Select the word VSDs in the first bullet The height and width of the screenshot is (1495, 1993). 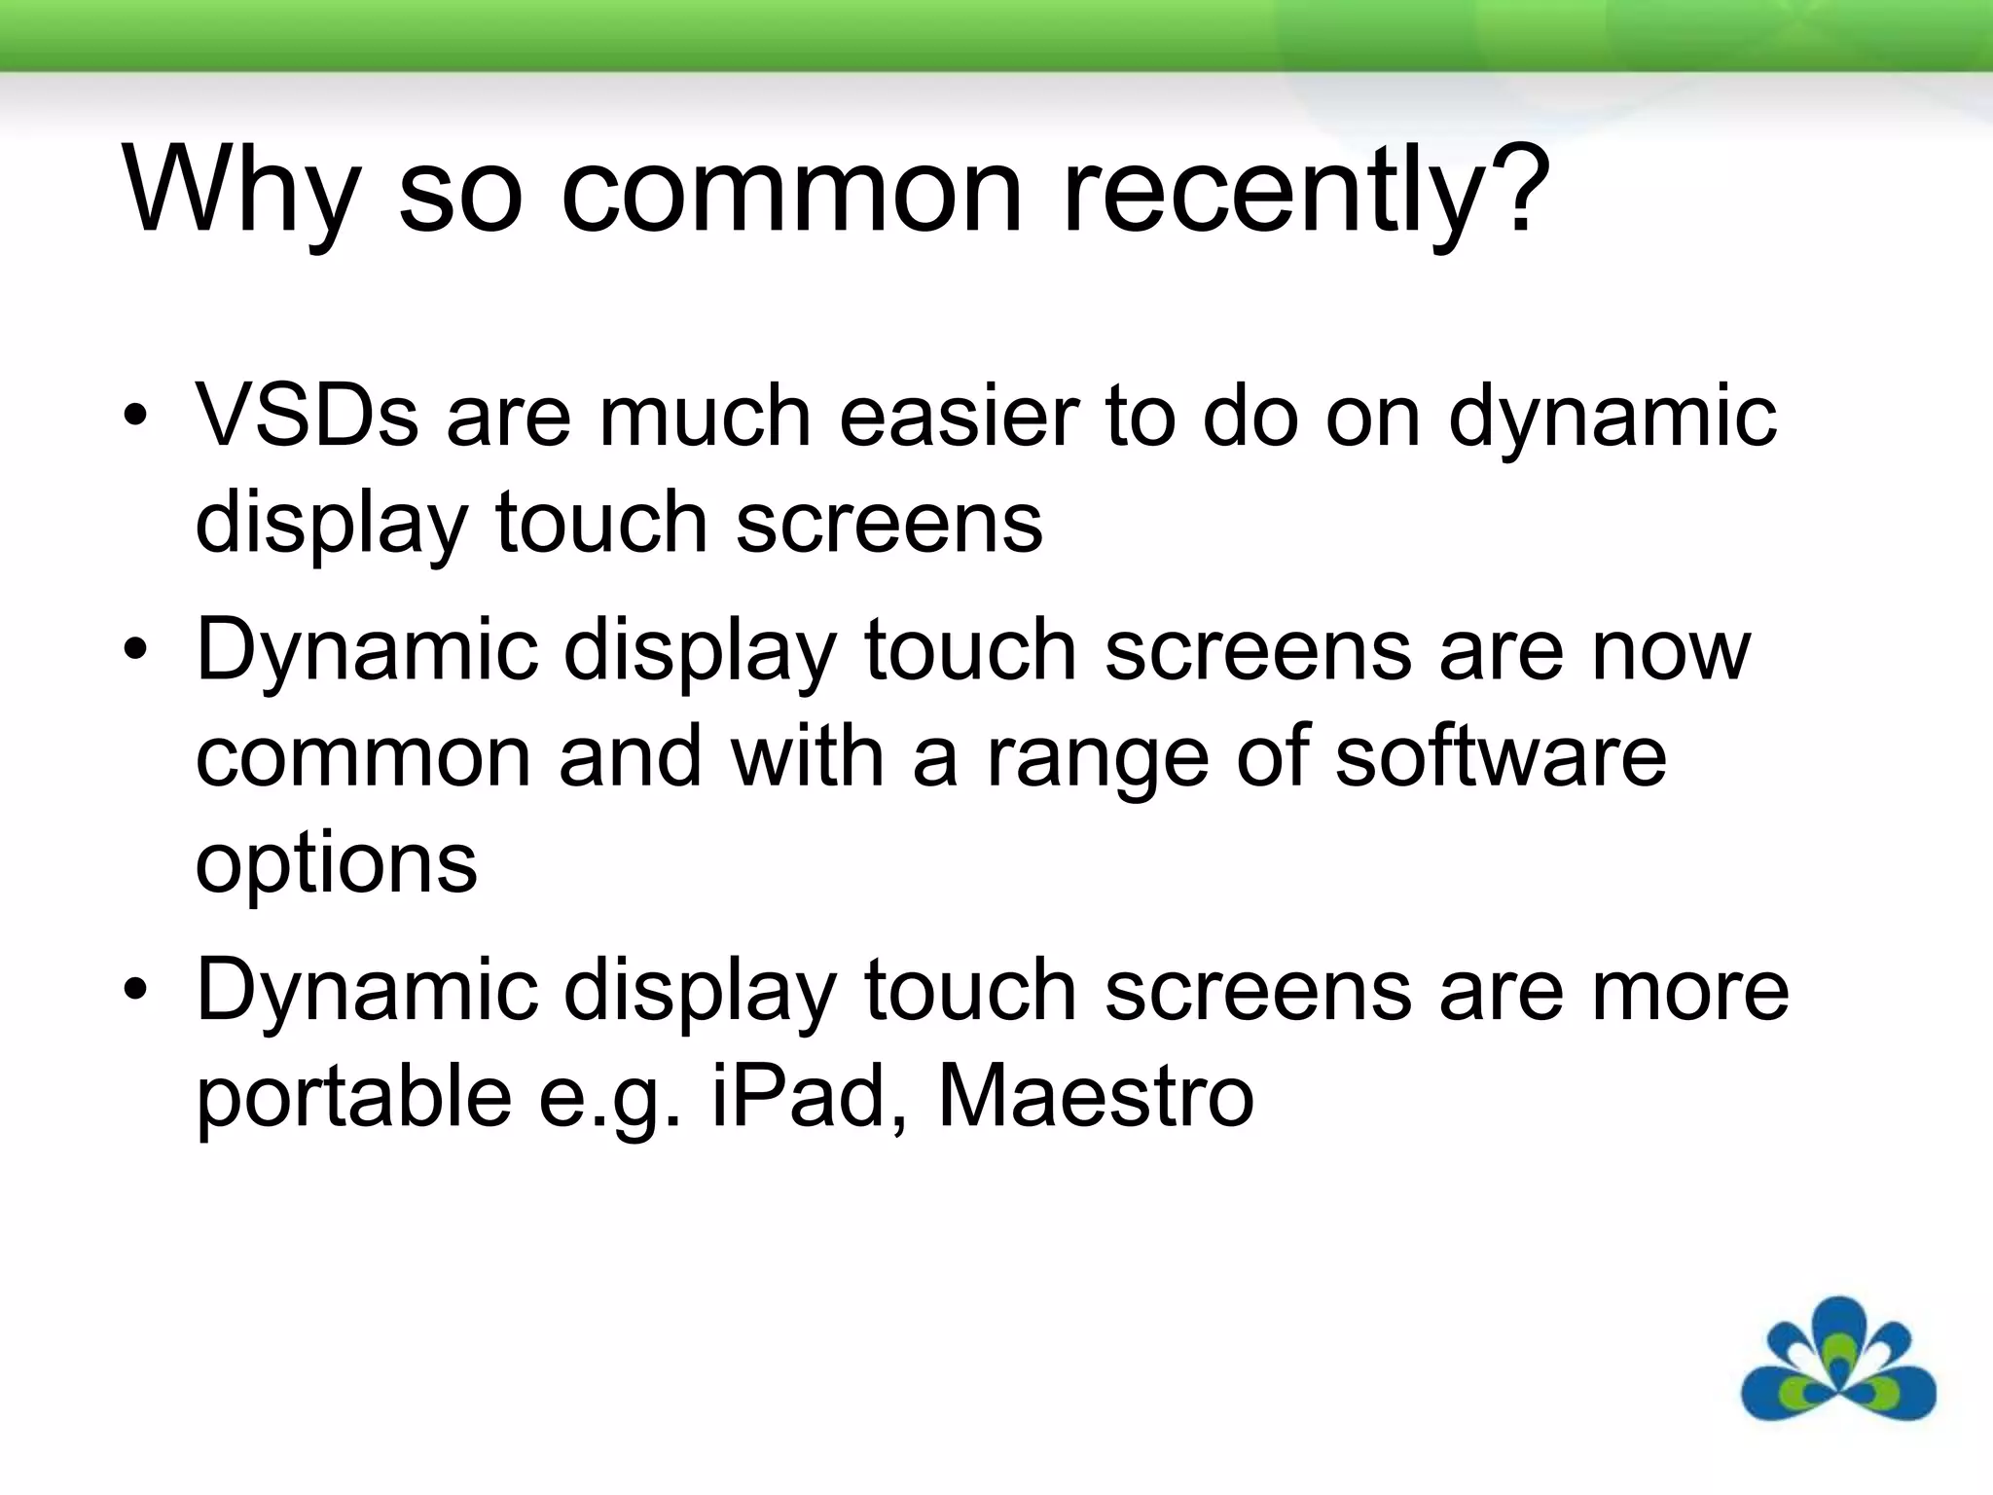308,417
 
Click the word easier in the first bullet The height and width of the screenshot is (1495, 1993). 959,417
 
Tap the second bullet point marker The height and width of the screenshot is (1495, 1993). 135,650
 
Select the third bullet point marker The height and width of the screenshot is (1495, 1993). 135,991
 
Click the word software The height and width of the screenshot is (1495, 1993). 1500,756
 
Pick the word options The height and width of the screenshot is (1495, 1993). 337,864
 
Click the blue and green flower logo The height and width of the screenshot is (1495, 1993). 1837,1360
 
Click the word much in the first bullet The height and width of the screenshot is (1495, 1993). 705,417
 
